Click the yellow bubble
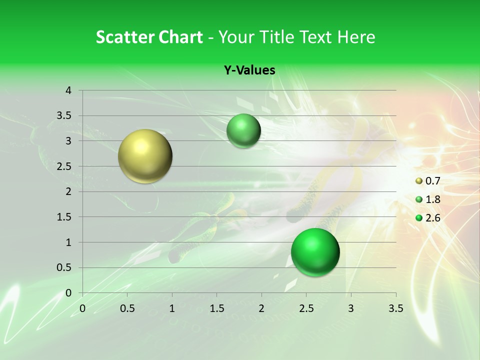145,156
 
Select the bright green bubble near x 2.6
315,252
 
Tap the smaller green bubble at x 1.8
243,131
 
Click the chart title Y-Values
249,70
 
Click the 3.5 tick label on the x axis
395,308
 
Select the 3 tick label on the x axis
351,308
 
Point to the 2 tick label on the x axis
261,308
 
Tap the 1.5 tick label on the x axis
216,308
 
